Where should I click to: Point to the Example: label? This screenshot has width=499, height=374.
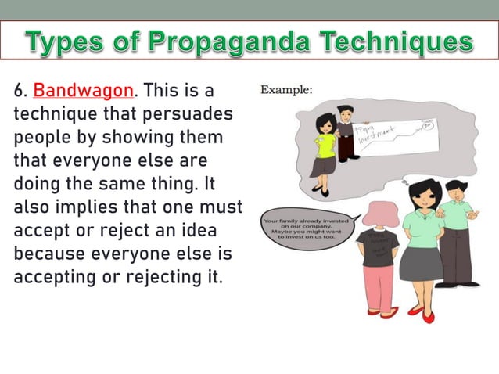point(286,89)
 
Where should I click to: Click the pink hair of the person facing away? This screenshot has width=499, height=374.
point(381,215)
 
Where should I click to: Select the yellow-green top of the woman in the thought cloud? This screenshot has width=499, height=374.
point(325,145)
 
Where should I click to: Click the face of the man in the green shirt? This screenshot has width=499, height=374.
point(455,191)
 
